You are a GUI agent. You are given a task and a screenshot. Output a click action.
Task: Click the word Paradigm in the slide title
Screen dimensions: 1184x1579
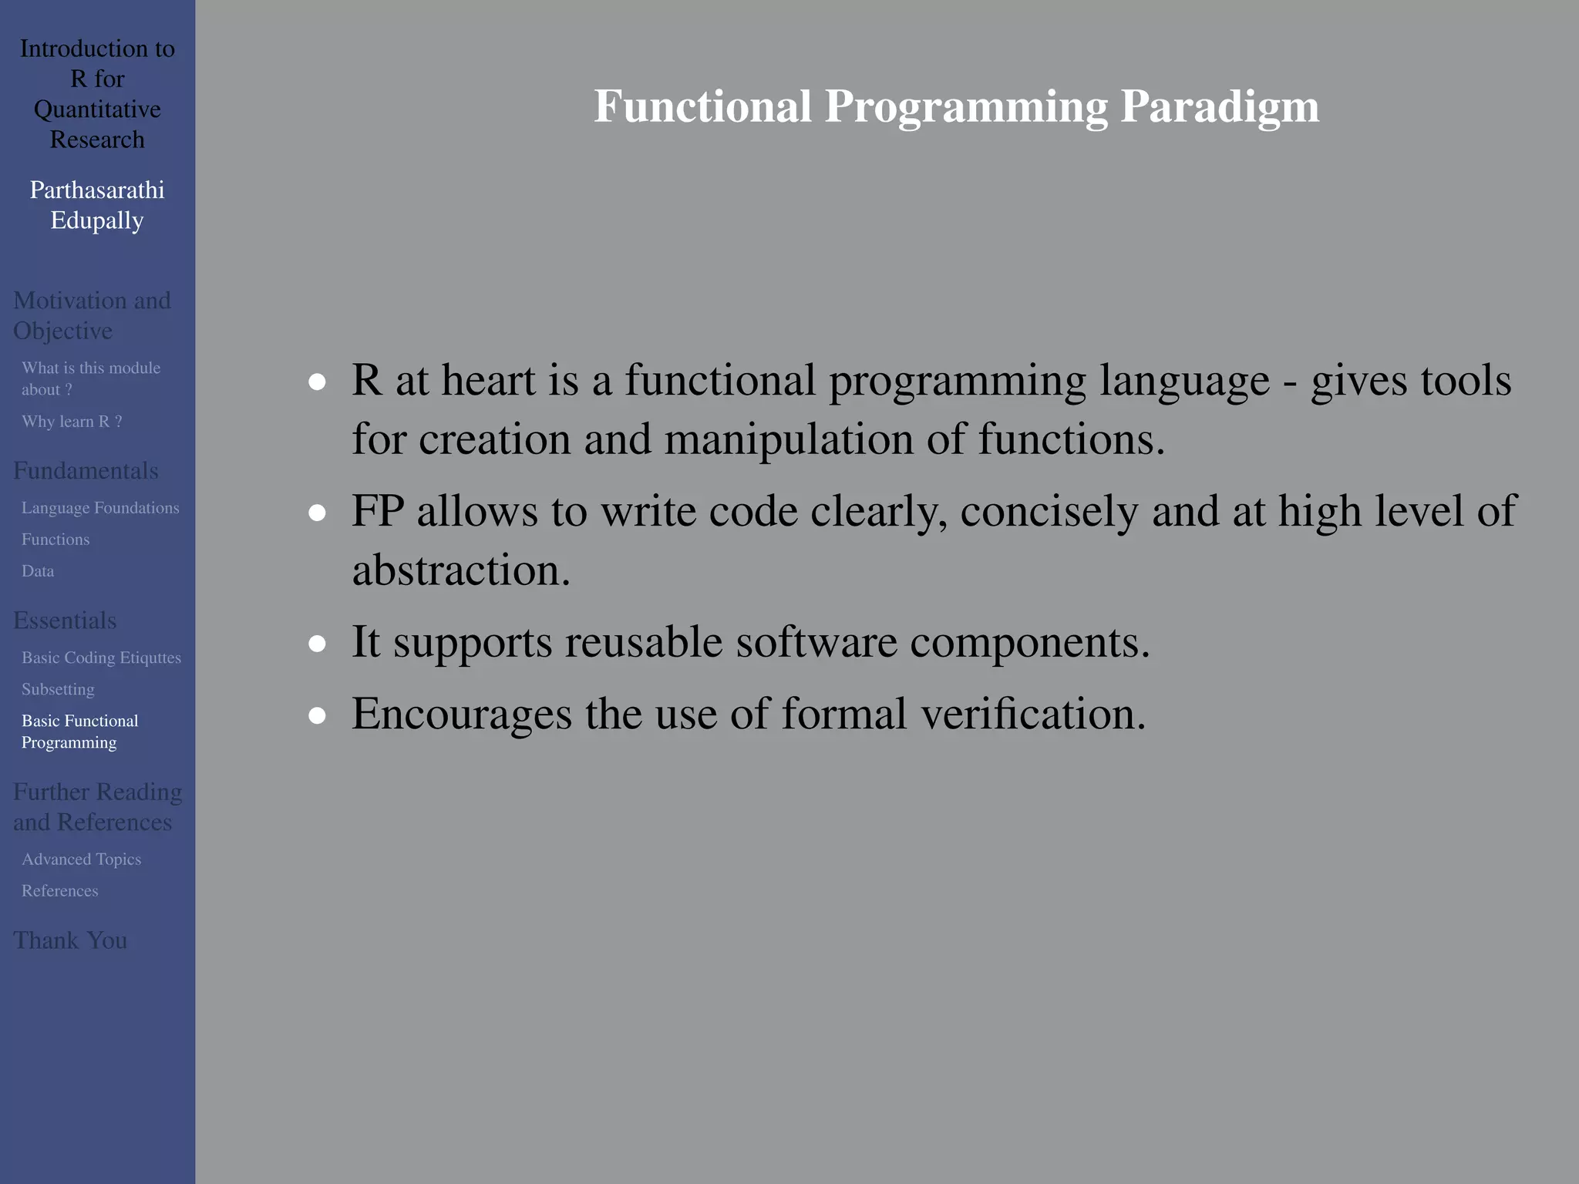click(x=1219, y=106)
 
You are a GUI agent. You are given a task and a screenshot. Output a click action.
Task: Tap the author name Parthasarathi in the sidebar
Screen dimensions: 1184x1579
click(x=97, y=190)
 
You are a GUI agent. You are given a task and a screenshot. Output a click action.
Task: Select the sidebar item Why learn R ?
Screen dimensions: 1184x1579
click(x=72, y=422)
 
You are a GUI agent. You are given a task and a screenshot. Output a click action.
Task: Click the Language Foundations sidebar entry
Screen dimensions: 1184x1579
click(x=100, y=508)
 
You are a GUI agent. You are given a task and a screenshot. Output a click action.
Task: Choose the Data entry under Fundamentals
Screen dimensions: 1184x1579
click(x=38, y=571)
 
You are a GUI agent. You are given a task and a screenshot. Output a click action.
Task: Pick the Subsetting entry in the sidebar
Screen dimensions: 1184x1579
click(x=58, y=689)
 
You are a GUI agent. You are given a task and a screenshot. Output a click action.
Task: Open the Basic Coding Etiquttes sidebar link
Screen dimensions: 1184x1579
click(x=101, y=658)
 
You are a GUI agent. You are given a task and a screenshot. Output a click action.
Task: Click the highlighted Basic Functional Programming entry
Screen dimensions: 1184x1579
click(x=79, y=732)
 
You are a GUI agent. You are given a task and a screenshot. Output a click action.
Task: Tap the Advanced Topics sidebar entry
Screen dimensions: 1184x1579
click(x=81, y=859)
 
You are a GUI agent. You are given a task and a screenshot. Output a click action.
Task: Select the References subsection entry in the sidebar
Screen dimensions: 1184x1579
click(x=59, y=890)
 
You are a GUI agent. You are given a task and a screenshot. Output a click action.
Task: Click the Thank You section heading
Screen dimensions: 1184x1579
click(x=70, y=940)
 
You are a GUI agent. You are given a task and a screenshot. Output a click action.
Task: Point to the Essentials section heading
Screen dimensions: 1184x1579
click(x=65, y=621)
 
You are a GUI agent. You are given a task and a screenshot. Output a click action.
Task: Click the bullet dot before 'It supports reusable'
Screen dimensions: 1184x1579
click(x=317, y=644)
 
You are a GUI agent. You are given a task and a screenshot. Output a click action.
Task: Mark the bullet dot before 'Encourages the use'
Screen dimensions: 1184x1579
click(x=317, y=715)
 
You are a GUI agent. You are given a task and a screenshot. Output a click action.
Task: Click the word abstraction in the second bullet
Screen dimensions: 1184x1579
click(x=460, y=570)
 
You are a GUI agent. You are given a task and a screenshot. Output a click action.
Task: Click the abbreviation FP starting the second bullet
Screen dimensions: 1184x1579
click(x=378, y=511)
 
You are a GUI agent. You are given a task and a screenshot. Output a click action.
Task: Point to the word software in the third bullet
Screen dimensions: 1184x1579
click(x=816, y=642)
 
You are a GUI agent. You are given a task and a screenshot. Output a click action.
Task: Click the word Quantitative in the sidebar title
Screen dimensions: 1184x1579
click(x=97, y=109)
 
